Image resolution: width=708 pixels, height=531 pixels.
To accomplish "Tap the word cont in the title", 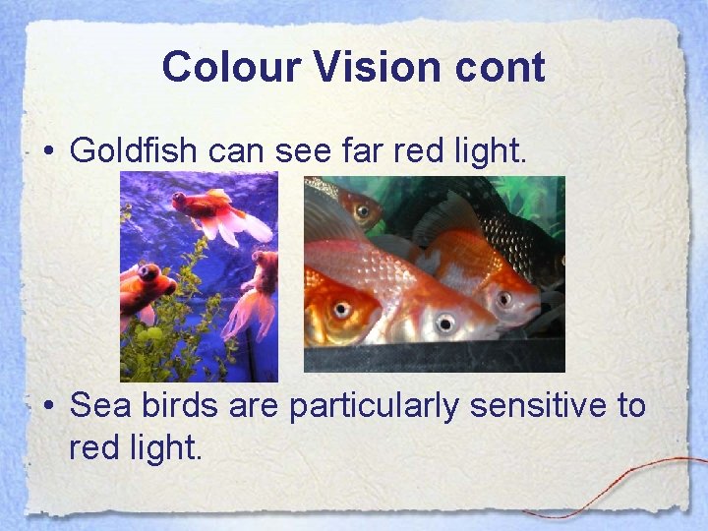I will (501, 67).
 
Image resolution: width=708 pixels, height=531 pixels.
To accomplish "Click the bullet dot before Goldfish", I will (48, 152).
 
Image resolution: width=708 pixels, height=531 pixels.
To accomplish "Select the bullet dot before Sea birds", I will (48, 406).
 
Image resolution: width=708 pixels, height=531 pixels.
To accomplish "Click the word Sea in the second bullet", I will (100, 405).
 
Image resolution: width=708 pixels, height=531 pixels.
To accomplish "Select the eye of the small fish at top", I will (362, 210).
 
